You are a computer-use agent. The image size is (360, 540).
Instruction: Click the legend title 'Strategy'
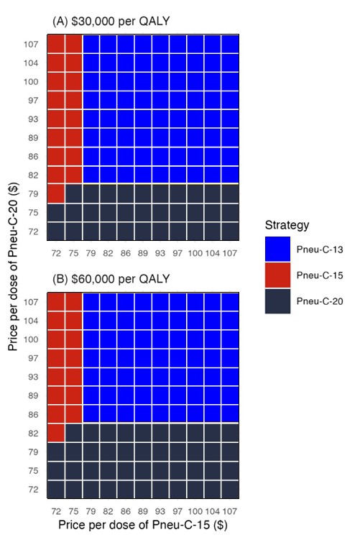(x=287, y=225)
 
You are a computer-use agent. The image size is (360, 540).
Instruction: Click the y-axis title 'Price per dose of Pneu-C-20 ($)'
(x=14, y=266)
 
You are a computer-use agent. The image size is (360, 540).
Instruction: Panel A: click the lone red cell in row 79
(x=56, y=194)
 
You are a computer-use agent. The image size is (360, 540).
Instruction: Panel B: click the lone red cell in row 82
(x=56, y=433)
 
